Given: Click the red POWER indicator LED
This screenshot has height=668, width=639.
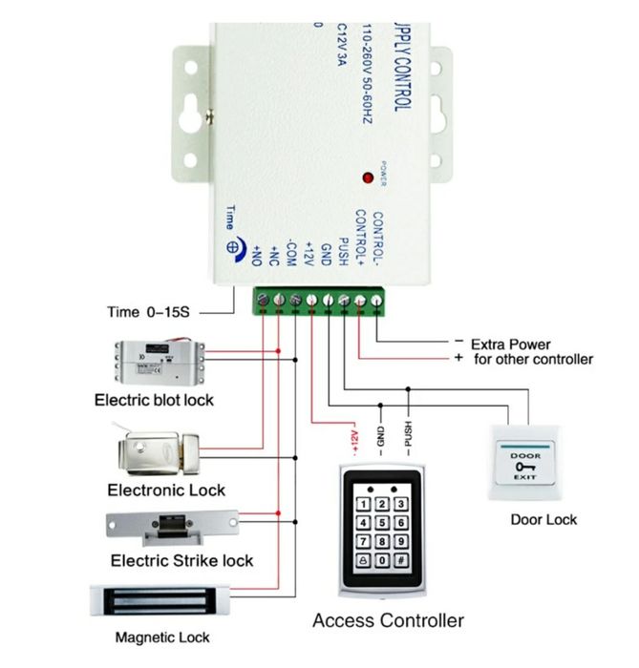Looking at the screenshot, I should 366,177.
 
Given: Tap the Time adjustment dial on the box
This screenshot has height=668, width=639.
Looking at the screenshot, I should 232,244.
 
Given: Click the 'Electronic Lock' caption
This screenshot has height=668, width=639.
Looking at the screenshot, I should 166,490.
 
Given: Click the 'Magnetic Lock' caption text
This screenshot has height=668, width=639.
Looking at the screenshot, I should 161,637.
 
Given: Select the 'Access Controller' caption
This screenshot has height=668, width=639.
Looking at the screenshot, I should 388,620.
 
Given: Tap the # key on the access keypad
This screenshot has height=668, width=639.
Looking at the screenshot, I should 402,563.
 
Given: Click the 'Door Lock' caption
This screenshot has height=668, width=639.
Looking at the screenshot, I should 543,520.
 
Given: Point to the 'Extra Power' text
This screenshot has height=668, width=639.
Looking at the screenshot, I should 510,344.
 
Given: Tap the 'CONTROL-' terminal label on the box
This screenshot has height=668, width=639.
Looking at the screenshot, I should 377,237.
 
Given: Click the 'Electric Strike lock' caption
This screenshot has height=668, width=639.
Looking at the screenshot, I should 181,560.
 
